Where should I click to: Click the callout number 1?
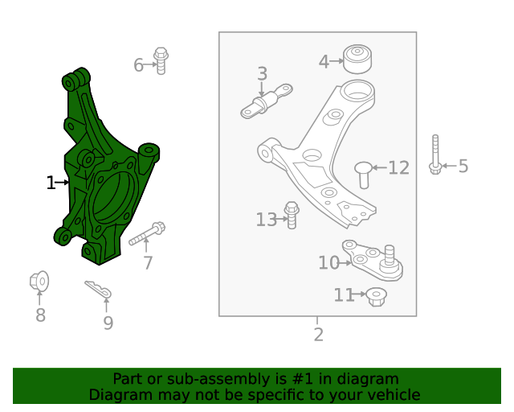pyautogui.click(x=51, y=183)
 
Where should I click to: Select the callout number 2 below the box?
pyautogui.click(x=318, y=335)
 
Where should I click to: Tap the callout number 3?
pyautogui.click(x=263, y=75)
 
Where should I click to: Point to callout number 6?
pyautogui.click(x=138, y=65)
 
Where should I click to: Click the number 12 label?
pyautogui.click(x=399, y=168)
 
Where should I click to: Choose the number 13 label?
pyautogui.click(x=266, y=220)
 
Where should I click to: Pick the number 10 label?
pyautogui.click(x=328, y=263)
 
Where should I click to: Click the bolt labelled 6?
pyautogui.click(x=161, y=60)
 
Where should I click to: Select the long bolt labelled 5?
pyautogui.click(x=434, y=154)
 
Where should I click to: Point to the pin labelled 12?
pyautogui.click(x=363, y=173)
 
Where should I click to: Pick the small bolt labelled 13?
pyautogui.click(x=292, y=216)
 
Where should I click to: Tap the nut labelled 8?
pyautogui.click(x=39, y=282)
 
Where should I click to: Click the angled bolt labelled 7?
pyautogui.click(x=147, y=236)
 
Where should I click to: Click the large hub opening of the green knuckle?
pyautogui.click(x=112, y=197)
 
